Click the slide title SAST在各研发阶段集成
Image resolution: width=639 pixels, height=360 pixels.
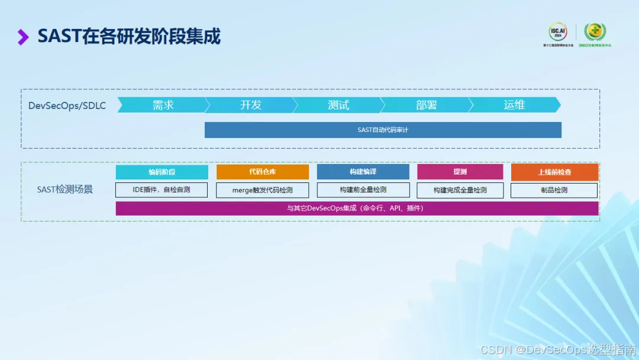[x=129, y=37]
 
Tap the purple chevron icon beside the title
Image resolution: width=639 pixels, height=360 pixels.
[x=23, y=37]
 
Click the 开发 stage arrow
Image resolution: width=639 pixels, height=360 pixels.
[x=250, y=105]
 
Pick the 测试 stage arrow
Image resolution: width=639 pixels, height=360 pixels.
[x=338, y=105]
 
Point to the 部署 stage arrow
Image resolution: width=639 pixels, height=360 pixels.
[x=426, y=105]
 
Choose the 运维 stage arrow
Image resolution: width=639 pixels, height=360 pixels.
[x=514, y=105]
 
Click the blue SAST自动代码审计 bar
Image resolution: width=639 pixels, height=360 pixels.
[x=383, y=130]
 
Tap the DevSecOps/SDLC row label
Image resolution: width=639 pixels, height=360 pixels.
[x=67, y=105]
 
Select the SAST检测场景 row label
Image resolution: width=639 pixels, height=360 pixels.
[x=65, y=189]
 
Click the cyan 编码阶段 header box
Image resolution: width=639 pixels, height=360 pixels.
[x=162, y=172]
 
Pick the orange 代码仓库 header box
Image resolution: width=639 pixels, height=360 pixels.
[x=262, y=172]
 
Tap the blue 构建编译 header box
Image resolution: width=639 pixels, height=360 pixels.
[x=363, y=172]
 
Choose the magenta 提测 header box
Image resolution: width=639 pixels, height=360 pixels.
[x=460, y=172]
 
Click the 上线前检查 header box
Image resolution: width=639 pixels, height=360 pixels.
[x=554, y=172]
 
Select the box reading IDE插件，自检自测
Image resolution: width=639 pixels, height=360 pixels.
[x=162, y=190]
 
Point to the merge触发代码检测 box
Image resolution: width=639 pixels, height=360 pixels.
[x=262, y=190]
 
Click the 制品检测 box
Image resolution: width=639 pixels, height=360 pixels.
[x=554, y=190]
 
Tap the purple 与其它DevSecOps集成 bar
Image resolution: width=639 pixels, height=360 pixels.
[x=357, y=208]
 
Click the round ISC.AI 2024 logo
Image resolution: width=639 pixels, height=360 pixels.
[x=557, y=32]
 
